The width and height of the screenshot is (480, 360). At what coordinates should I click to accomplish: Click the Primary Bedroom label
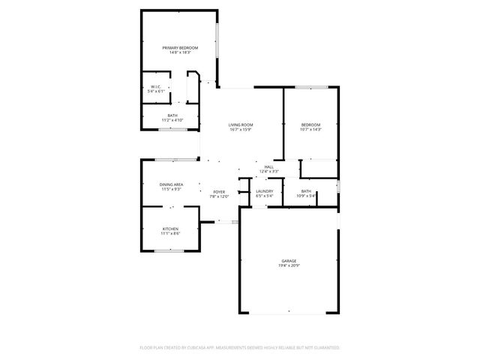click(x=179, y=48)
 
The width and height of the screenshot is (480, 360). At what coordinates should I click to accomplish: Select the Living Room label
click(x=241, y=124)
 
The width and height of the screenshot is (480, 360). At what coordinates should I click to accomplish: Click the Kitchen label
click(x=170, y=229)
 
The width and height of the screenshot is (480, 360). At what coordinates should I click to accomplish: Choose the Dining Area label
click(x=171, y=184)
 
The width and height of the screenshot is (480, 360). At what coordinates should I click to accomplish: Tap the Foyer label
click(x=219, y=192)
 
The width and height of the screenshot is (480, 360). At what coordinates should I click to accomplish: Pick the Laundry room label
click(x=264, y=191)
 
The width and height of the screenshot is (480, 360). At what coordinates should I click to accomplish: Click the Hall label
click(x=268, y=166)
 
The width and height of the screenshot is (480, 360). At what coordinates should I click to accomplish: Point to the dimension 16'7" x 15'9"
click(x=241, y=130)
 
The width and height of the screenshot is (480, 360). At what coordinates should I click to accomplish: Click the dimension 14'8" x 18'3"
click(x=179, y=53)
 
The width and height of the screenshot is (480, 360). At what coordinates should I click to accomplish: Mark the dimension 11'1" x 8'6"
click(x=170, y=234)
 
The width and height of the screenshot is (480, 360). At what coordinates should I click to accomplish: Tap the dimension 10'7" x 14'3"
click(x=310, y=130)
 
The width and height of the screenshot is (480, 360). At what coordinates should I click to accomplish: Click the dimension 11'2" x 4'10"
click(x=172, y=120)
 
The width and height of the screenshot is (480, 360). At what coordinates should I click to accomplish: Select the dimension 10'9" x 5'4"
click(x=306, y=196)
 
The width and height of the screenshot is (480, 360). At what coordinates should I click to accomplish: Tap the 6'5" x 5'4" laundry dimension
click(x=264, y=196)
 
